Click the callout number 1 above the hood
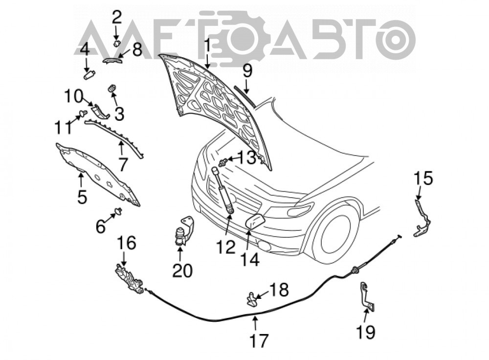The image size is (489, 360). coord(207,47)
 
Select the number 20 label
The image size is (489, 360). coord(182,270)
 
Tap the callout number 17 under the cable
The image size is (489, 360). coord(259,340)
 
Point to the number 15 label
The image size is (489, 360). coord(423,179)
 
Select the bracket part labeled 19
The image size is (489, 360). coord(367,296)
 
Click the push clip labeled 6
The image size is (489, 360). coord(118,211)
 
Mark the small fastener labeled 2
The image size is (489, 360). coord(116,43)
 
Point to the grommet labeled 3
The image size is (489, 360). coord(111,88)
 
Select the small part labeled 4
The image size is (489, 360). coord(89,75)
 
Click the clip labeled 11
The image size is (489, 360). coord(83,113)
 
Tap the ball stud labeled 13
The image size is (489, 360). coord(222,162)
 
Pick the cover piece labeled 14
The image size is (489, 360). coord(255,221)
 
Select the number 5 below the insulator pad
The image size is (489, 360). coord(82,197)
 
